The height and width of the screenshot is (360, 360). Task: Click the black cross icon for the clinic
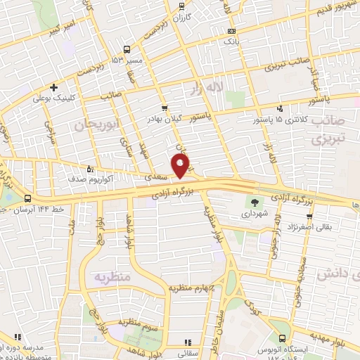click(x=53, y=88)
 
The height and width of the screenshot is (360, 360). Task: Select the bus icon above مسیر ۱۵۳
click(x=127, y=49)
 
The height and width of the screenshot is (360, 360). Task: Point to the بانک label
click(x=231, y=42)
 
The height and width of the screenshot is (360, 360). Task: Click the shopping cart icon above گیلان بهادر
click(x=165, y=108)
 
